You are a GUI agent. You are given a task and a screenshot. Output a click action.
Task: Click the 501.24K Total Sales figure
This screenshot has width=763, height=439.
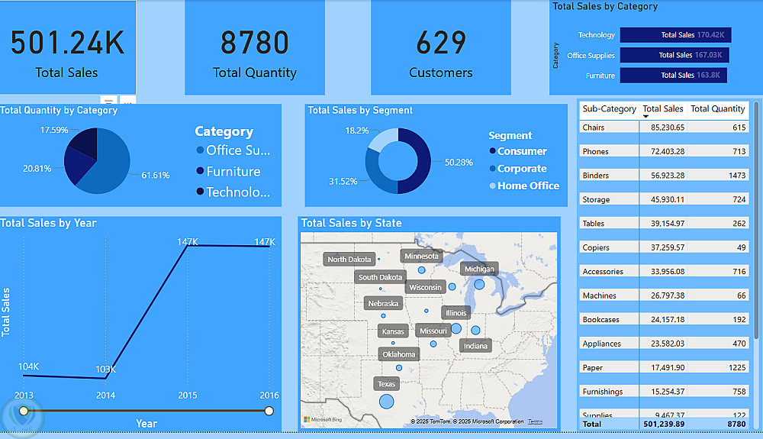[x=67, y=44]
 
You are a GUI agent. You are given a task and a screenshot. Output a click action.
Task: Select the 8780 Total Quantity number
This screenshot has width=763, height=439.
[x=255, y=44]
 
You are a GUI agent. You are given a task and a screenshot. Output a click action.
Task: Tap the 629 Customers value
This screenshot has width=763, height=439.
[x=441, y=44]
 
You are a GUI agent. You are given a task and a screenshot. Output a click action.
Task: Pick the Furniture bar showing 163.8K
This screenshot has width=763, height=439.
[x=673, y=76]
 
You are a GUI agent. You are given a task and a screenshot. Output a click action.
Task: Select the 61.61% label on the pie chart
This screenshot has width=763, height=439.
[x=156, y=176]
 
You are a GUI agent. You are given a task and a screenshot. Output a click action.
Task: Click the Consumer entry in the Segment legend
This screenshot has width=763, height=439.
[x=522, y=151]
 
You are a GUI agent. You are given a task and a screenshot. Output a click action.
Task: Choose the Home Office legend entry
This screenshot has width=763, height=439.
[x=528, y=186]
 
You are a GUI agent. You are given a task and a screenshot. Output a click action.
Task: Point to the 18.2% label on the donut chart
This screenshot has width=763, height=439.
[x=357, y=131]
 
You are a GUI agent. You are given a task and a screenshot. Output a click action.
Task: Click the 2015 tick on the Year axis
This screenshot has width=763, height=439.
[x=188, y=395]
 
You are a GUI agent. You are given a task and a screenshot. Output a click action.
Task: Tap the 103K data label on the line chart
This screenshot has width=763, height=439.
[x=105, y=370]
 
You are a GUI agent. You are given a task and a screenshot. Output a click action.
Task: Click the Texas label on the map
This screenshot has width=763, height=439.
[x=387, y=384]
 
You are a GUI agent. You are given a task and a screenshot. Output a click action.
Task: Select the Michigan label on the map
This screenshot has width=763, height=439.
[x=479, y=269]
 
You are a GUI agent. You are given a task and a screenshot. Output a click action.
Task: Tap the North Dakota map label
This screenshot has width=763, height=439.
[x=349, y=260]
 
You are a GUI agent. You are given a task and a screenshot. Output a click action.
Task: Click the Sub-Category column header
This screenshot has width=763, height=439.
[x=609, y=109]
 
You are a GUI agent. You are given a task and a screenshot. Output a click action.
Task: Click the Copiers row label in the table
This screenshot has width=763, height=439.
[x=596, y=247]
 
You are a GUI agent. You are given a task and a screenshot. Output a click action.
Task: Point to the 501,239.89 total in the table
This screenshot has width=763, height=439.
[x=663, y=424]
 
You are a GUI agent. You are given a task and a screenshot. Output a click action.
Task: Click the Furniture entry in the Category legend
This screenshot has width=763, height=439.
[x=233, y=172]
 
